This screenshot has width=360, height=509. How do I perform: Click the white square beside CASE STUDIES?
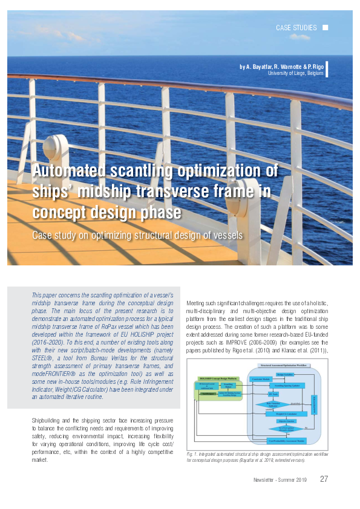tap(326, 27)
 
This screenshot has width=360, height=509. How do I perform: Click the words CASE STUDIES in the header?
tap(296, 28)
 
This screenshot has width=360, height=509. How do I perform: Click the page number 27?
tap(324, 479)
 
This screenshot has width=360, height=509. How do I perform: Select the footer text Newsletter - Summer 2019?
tap(280, 480)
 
